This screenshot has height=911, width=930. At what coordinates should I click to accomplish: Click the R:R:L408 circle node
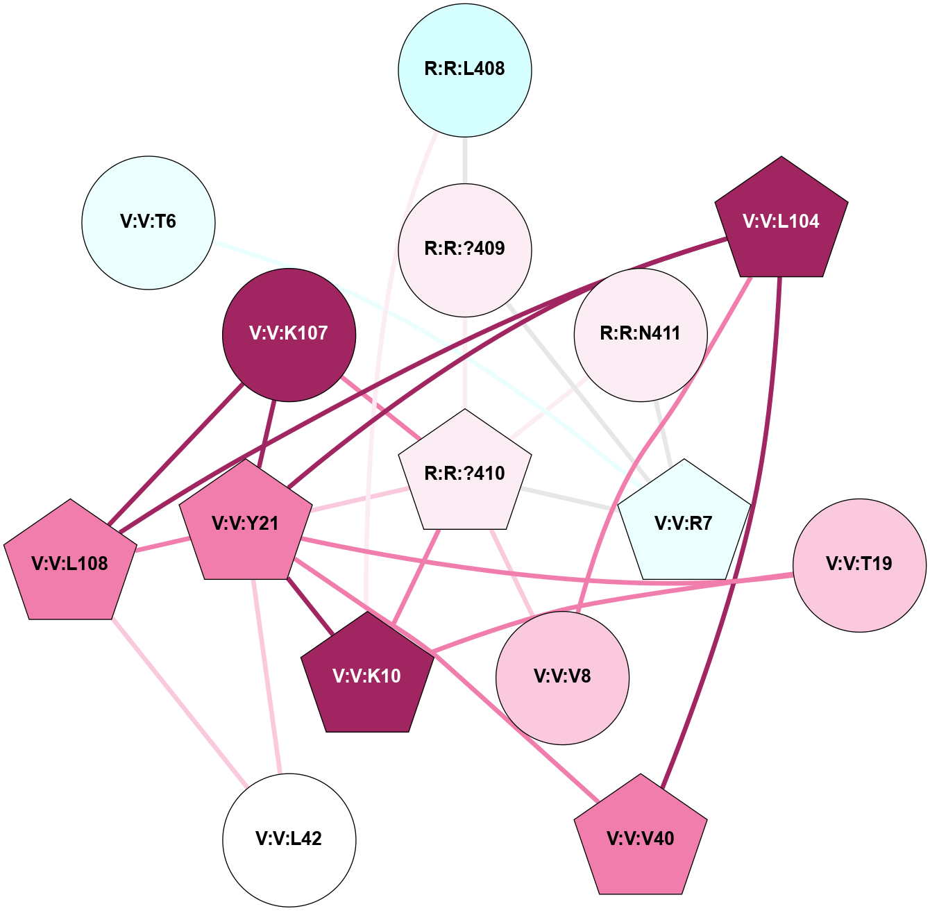[465, 69]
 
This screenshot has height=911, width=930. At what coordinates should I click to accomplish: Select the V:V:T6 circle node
[149, 222]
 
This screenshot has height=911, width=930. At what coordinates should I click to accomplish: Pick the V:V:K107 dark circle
[289, 334]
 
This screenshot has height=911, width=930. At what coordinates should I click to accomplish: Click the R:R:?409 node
[465, 249]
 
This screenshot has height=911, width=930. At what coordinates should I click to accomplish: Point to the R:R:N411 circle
[641, 334]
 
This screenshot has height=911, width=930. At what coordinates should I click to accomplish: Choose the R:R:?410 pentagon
[465, 474]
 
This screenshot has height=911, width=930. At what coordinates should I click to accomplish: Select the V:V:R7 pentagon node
[684, 524]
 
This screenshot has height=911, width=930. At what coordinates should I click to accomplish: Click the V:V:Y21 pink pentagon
[245, 524]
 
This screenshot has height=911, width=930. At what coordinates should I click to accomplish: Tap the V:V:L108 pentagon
[70, 564]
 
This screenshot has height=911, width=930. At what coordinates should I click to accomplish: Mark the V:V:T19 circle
[859, 565]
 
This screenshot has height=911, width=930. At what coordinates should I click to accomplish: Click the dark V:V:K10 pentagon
[367, 676]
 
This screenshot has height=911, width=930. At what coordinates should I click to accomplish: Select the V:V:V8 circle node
[562, 677]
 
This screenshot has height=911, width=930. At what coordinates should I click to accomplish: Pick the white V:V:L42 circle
[289, 839]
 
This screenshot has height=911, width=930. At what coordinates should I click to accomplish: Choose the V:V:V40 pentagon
[641, 839]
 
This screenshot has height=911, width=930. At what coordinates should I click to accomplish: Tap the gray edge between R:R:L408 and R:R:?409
[465, 160]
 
